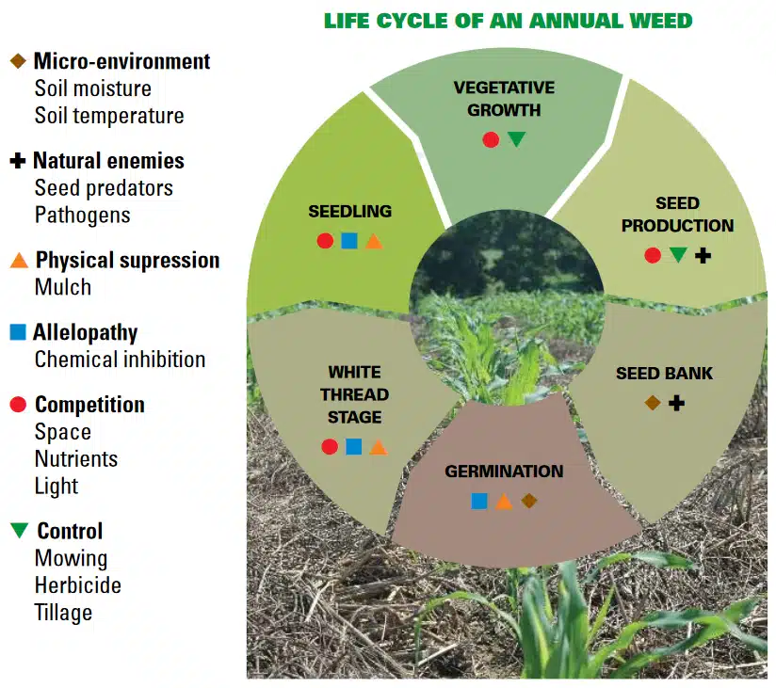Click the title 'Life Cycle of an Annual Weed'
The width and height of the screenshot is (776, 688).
508,21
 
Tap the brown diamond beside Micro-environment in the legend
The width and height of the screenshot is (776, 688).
17,61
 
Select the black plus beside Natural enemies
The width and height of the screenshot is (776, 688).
17,161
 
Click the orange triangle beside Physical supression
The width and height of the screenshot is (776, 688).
17,261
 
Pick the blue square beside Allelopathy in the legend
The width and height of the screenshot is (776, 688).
17,332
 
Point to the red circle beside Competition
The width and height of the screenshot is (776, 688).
17,405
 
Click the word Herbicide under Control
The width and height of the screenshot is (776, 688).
78,585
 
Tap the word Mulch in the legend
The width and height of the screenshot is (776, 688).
63,287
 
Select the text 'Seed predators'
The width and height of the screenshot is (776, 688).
104,188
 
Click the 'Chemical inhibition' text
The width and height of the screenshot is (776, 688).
120,360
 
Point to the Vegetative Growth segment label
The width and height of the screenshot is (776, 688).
504,99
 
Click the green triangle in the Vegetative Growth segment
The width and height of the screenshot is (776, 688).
516,139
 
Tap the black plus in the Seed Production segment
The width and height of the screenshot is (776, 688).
703,255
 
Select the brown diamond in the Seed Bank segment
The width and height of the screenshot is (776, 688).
652,403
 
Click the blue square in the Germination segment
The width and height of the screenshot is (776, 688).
479,501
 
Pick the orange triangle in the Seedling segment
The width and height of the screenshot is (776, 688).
374,241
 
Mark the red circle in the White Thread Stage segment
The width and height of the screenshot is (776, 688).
330,447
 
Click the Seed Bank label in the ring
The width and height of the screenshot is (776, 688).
664,374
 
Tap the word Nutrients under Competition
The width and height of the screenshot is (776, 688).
76,459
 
